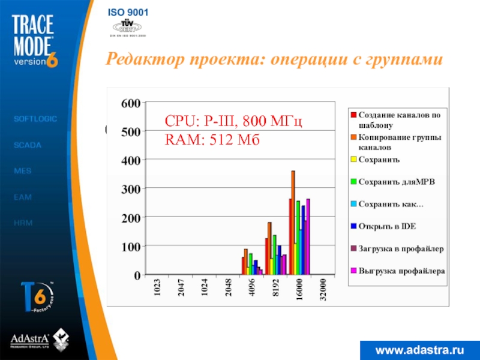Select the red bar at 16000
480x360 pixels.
point(290,237)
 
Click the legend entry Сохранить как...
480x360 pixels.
point(391,205)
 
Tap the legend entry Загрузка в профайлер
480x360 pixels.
point(401,248)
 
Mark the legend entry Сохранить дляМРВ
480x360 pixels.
point(397,182)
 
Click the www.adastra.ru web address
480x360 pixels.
point(421,349)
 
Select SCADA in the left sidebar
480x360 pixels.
point(27,145)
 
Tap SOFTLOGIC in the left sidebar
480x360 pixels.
point(35,119)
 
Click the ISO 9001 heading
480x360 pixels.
point(128,13)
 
